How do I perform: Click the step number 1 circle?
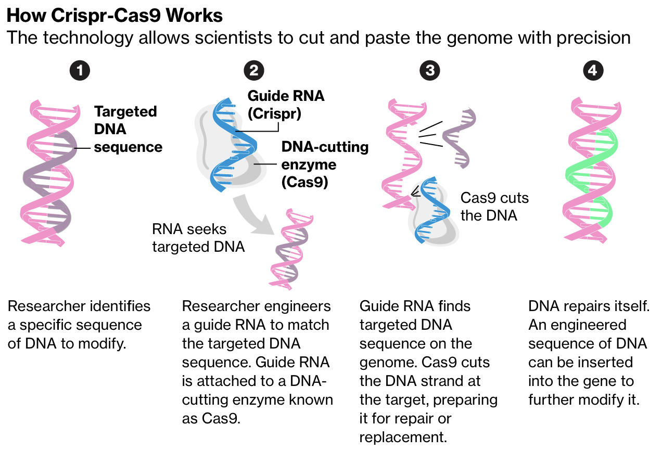click(x=80, y=71)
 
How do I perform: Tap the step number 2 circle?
click(x=253, y=71)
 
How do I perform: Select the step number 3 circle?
click(x=430, y=71)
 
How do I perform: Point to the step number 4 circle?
click(x=593, y=71)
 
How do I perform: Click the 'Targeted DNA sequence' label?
click(x=127, y=129)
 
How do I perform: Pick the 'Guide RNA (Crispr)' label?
click(x=286, y=105)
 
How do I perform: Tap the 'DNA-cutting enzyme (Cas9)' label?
click(x=325, y=164)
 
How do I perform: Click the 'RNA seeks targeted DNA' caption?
click(x=198, y=238)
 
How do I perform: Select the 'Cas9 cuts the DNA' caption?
click(x=494, y=207)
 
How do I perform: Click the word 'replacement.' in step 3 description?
click(x=403, y=437)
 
